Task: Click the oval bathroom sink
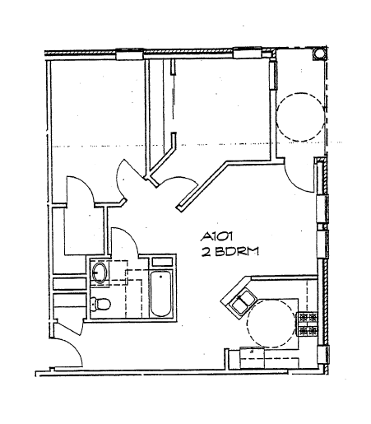coord(100,272)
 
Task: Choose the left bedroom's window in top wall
coord(131,56)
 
